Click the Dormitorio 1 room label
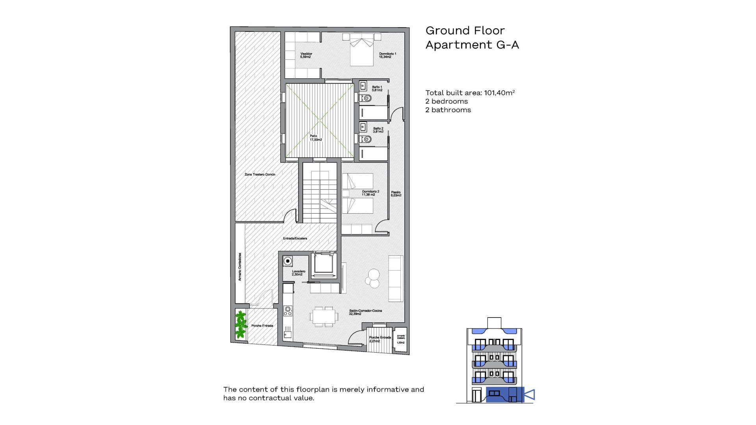(387, 55)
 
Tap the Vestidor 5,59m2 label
(306, 55)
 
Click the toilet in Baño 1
(366, 98)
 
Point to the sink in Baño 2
(363, 127)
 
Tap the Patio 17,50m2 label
(315, 138)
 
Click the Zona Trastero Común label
(259, 174)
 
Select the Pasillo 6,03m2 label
(396, 194)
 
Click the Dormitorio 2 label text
(371, 193)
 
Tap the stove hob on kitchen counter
(288, 311)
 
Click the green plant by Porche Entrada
(240, 325)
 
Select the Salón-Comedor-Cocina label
(365, 312)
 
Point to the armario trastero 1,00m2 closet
(400, 340)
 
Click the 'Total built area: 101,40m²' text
(470, 93)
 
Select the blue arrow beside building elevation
(530, 394)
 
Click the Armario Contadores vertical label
(240, 267)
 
